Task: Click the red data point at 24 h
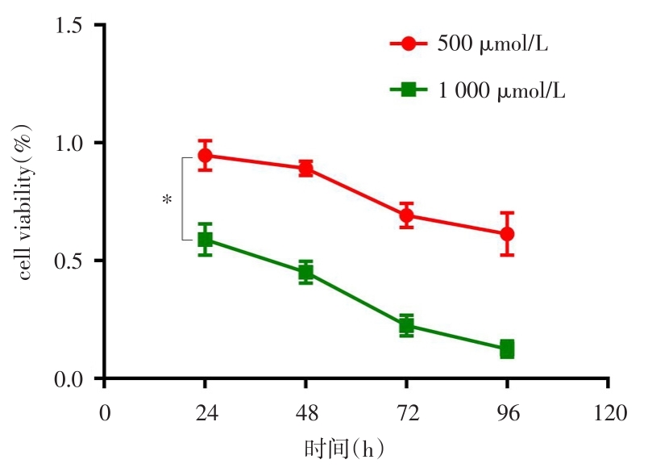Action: tap(206, 155)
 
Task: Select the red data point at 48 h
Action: tap(305, 168)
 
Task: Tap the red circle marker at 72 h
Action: tap(406, 215)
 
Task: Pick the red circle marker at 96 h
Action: tap(507, 234)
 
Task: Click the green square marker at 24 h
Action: tap(206, 239)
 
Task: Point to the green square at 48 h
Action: tap(305, 272)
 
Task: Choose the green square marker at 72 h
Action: tap(406, 326)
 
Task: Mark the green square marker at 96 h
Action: tap(507, 349)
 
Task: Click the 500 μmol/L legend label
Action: tap(492, 44)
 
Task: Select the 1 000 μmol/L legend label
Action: tap(501, 90)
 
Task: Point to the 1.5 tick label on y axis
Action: tap(70, 25)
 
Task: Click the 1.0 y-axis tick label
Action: tap(70, 143)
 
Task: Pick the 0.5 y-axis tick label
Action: tap(70, 261)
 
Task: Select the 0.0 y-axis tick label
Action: tap(70, 378)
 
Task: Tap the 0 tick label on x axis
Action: tap(105, 412)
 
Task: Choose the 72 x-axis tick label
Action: tap(406, 412)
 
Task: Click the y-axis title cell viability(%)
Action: tap(26, 202)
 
